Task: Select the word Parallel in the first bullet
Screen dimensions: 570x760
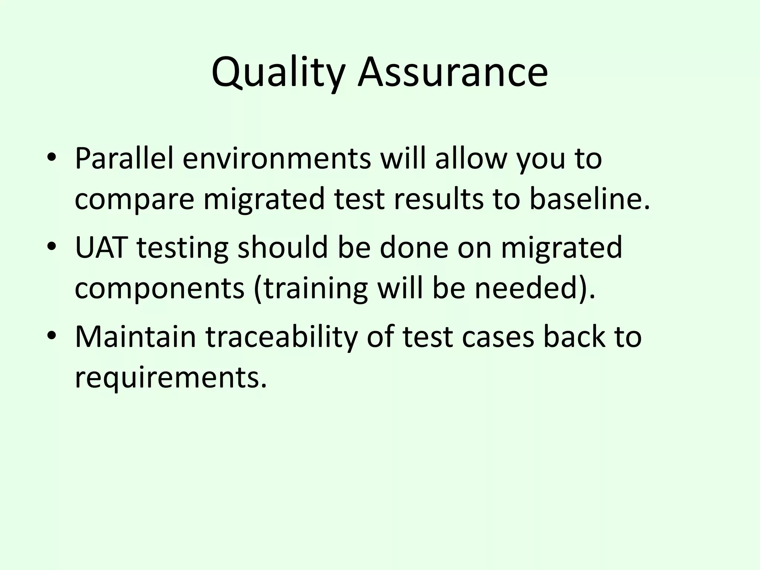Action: tap(124, 158)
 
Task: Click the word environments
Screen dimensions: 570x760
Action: tap(276, 158)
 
